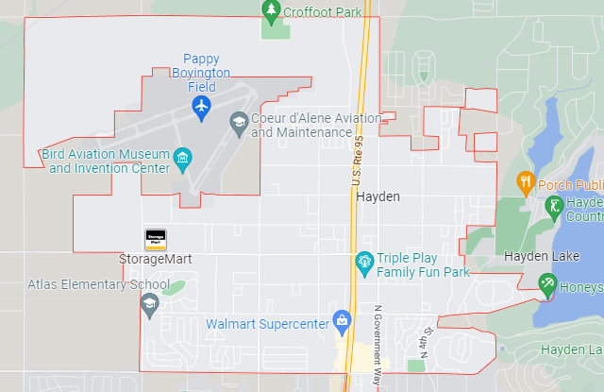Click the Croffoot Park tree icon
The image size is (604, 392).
click(272, 11)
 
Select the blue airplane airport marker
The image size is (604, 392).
click(201, 108)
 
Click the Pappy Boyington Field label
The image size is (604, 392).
click(201, 72)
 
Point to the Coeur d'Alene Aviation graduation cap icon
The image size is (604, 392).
click(239, 123)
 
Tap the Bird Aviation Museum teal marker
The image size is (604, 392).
click(183, 156)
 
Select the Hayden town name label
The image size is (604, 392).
click(377, 196)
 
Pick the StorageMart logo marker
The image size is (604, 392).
click(155, 239)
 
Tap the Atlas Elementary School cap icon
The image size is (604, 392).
click(149, 303)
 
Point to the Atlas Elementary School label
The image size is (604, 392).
click(98, 284)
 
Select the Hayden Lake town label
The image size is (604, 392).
click(539, 256)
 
